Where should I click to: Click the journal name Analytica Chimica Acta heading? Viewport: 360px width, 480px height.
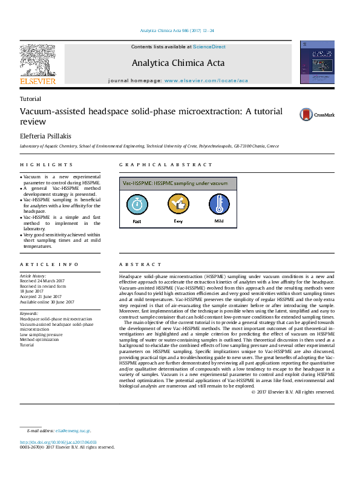pyautogui.click(x=177, y=62)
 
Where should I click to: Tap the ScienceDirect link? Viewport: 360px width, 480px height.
pyautogui.click(x=209, y=47)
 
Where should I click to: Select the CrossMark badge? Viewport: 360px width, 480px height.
pyautogui.click(x=316, y=114)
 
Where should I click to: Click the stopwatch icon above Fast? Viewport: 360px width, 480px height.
pyautogui.click(x=137, y=204)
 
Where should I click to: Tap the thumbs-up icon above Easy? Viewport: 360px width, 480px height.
pyautogui.click(x=178, y=204)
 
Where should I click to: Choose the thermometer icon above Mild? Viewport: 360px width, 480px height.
pyautogui.click(x=218, y=204)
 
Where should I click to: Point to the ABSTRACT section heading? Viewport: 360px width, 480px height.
pyautogui.click(x=140, y=265)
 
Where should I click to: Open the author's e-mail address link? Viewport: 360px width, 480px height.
pyautogui.click(x=73, y=430)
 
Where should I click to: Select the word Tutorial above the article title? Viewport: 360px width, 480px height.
pyautogui.click(x=30, y=99)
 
